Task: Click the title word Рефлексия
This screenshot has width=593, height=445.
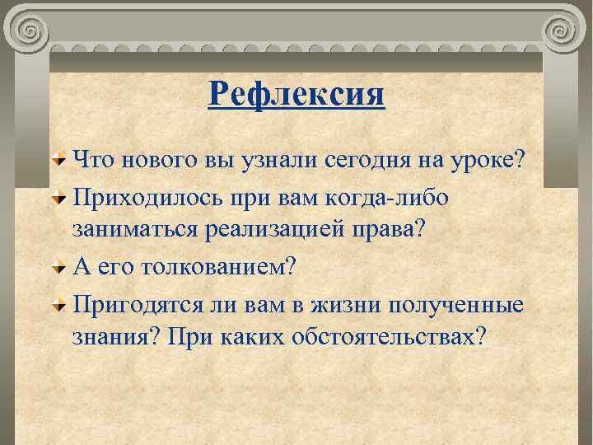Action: tap(296, 94)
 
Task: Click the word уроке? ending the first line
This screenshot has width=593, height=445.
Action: tap(489, 158)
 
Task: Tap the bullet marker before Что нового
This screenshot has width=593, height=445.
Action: tap(60, 158)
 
